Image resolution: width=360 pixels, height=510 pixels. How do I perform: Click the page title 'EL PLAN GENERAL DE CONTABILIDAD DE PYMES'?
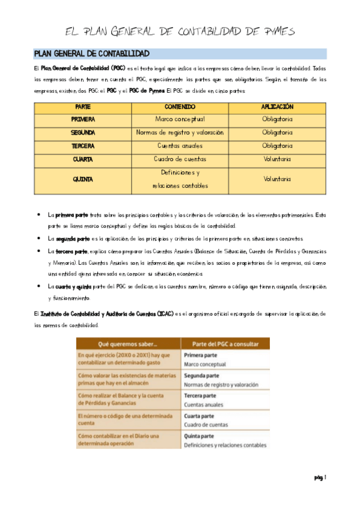point(180,31)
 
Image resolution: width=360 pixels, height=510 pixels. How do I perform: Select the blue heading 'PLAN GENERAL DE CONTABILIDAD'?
point(92,54)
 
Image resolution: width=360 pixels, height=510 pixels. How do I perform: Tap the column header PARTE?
point(82,106)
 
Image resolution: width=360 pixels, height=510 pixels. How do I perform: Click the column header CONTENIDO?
point(180,106)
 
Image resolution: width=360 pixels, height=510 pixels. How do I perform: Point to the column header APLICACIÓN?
point(277,106)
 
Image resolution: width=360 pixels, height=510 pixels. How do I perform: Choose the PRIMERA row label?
point(82,119)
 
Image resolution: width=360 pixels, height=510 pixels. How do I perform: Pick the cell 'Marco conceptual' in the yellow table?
point(180,119)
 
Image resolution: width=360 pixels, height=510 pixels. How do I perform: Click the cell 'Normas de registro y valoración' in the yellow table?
point(180,132)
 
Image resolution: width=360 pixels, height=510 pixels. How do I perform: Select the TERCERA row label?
point(82,146)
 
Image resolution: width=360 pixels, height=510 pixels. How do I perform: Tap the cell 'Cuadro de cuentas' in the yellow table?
point(180,159)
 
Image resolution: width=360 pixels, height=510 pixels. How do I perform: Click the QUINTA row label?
point(82,179)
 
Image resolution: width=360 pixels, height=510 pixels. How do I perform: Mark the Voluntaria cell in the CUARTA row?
point(277,159)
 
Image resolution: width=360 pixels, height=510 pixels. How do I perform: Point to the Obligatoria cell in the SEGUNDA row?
point(277,132)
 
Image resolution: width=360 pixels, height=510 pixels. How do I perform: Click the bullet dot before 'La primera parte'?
point(38,215)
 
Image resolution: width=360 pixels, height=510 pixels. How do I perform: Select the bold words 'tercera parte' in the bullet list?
point(72,250)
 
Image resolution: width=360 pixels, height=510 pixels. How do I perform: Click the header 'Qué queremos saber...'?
point(127,344)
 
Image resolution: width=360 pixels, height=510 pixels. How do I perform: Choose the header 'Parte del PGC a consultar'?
point(225,344)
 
